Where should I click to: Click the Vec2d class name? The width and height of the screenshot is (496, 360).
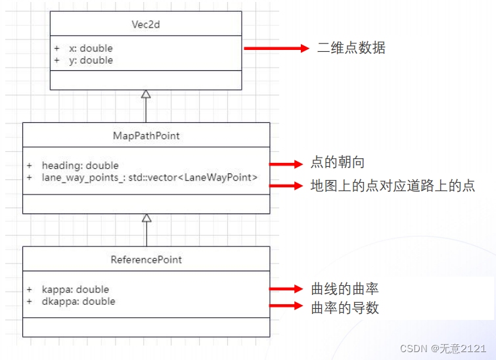[146, 24]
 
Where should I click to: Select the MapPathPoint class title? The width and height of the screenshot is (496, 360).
[146, 136]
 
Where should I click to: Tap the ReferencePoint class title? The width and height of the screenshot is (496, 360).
[146, 259]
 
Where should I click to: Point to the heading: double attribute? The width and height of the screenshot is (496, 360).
[80, 166]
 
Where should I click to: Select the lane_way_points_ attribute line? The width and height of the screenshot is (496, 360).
[150, 177]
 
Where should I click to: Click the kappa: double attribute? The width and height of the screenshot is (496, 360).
[76, 290]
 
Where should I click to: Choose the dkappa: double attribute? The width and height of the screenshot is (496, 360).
[78, 302]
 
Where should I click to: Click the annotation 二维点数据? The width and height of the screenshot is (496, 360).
[351, 48]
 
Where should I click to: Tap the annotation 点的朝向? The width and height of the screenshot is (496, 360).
[337, 163]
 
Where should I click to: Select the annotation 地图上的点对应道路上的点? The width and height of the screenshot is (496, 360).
[392, 185]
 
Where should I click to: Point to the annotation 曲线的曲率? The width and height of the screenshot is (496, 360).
[344, 289]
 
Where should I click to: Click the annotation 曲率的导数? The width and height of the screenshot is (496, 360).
[344, 307]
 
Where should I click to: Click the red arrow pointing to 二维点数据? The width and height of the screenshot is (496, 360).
[276, 48]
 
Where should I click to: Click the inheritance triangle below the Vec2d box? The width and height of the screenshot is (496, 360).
[146, 94]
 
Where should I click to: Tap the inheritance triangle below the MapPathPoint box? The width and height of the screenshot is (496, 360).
[147, 217]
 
